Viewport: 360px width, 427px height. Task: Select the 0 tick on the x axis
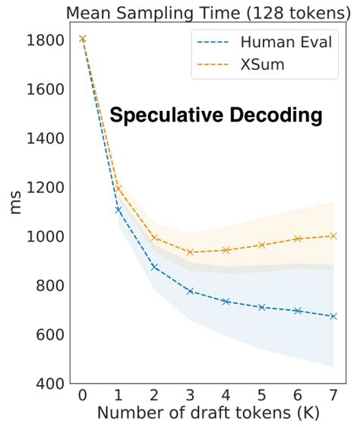click(x=82, y=397)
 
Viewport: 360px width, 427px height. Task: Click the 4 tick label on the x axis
click(x=226, y=397)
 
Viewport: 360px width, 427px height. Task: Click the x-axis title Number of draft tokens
click(x=207, y=415)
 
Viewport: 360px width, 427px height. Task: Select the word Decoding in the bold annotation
click(x=276, y=116)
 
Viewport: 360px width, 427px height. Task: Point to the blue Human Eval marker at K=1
click(x=118, y=209)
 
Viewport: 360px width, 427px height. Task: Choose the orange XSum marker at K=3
click(x=190, y=252)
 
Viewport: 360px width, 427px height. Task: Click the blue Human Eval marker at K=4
click(x=226, y=302)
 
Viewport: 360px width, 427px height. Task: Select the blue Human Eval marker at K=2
click(x=154, y=267)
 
